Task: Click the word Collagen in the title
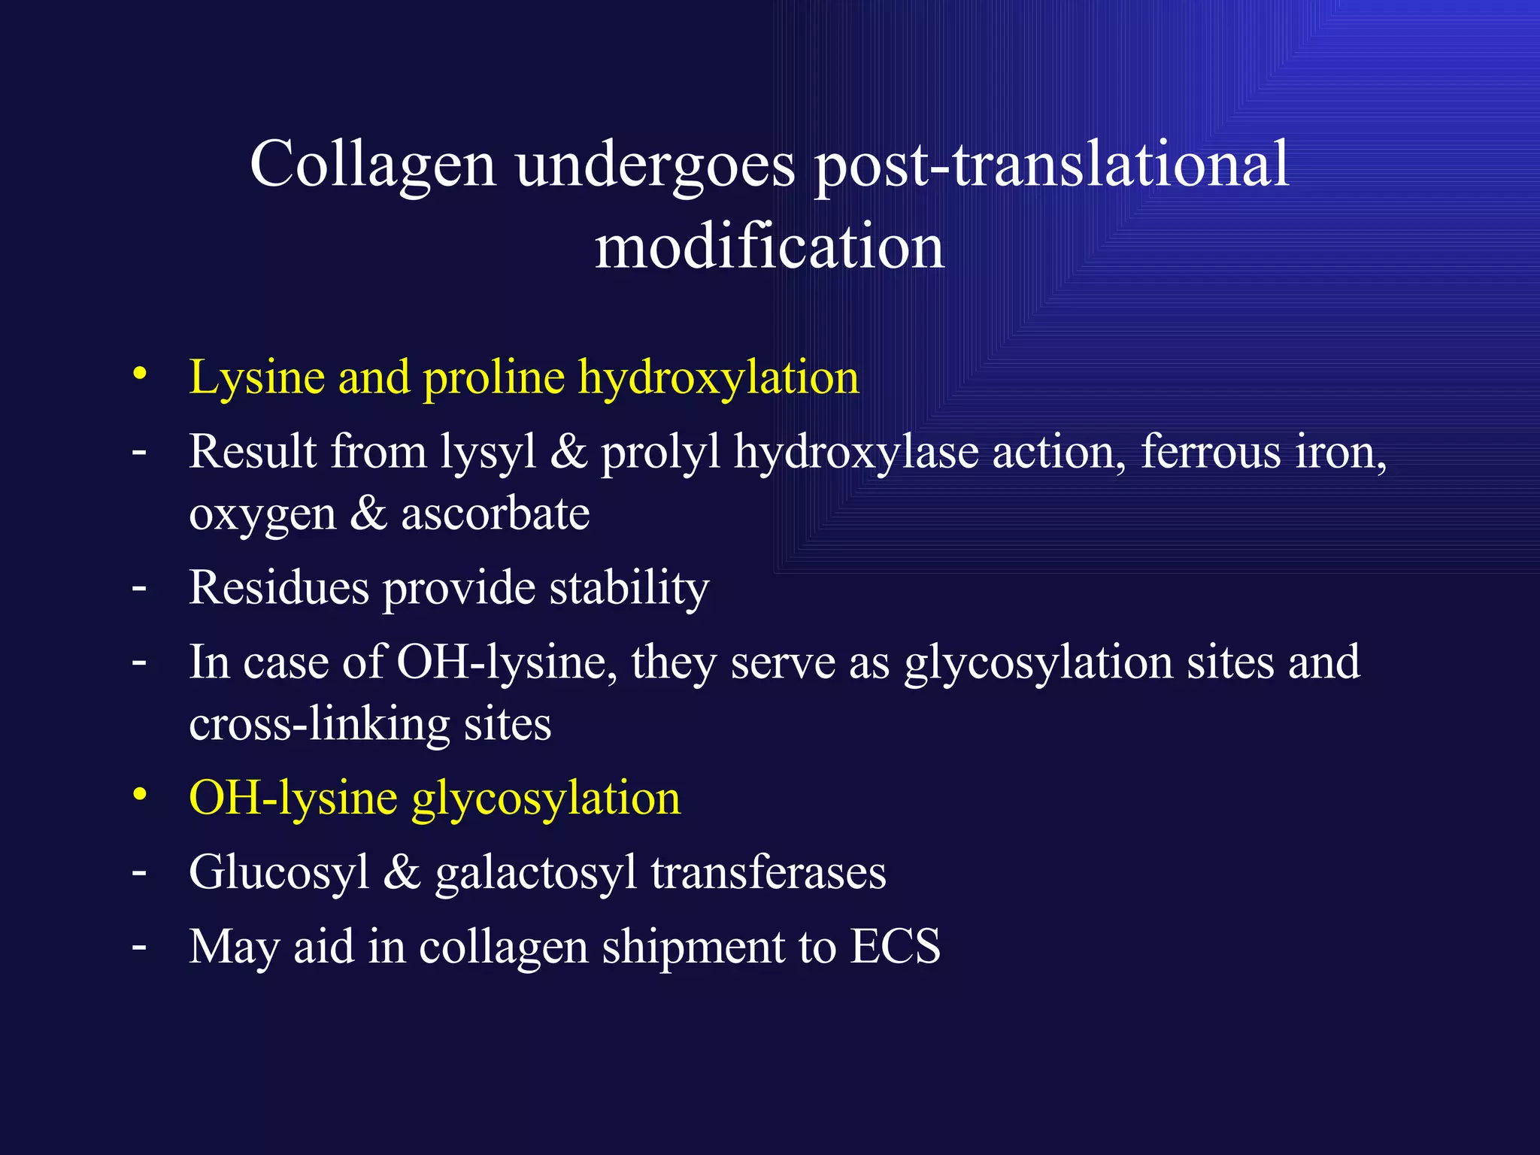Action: click(x=372, y=165)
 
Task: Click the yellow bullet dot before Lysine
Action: click(x=139, y=374)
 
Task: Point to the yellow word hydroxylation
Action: click(x=718, y=378)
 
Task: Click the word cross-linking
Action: click(x=319, y=725)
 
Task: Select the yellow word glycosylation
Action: click(x=546, y=799)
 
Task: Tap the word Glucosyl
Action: click(x=279, y=874)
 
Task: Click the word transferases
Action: click(x=768, y=872)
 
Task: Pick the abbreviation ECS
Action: click(x=895, y=946)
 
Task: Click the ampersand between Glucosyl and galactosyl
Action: click(x=402, y=872)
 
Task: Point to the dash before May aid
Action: click(x=139, y=946)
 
